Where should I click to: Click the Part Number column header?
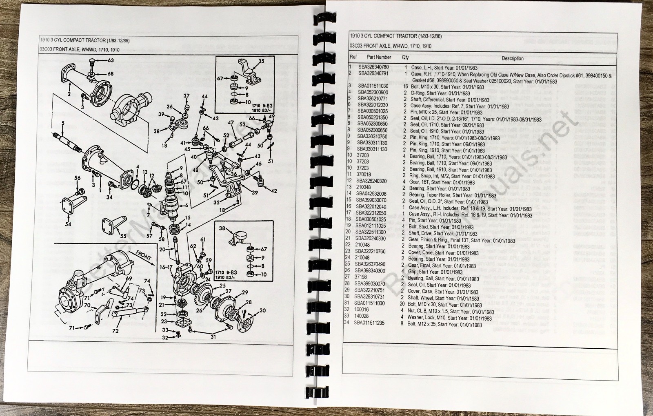pyautogui.click(x=378, y=57)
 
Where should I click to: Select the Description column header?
pyautogui.click(x=512, y=58)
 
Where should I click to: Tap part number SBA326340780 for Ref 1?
pyautogui.click(x=373, y=67)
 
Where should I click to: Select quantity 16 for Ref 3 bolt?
pyautogui.click(x=405, y=86)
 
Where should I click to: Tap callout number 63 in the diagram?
pyautogui.click(x=111, y=60)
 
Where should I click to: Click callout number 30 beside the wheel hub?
pyautogui.click(x=262, y=311)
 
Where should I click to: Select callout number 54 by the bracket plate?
pyautogui.click(x=68, y=224)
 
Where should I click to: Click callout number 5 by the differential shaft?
pyautogui.click(x=63, y=123)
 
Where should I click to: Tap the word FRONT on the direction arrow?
pyautogui.click(x=144, y=258)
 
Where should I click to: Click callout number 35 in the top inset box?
pyautogui.click(x=261, y=62)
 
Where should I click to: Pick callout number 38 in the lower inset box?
pyautogui.click(x=222, y=228)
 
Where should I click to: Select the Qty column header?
pyautogui.click(x=405, y=58)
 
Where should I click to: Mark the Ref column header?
pyautogui.click(x=353, y=57)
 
